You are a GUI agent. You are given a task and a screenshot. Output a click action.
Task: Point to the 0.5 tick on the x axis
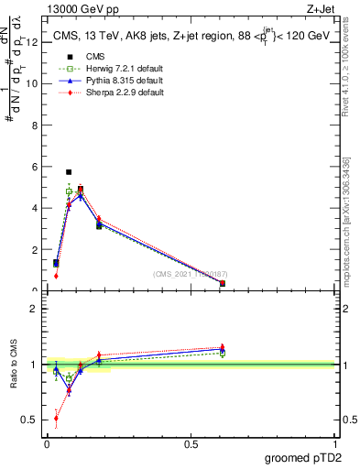[x=191, y=444]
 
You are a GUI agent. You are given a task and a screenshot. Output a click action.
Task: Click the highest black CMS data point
[x=69, y=171]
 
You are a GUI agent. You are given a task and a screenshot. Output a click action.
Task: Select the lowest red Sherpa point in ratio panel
[x=56, y=419]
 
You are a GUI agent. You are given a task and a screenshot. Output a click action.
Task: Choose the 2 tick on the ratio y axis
[x=35, y=309]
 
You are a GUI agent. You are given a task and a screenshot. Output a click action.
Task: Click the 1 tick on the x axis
[x=336, y=444]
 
